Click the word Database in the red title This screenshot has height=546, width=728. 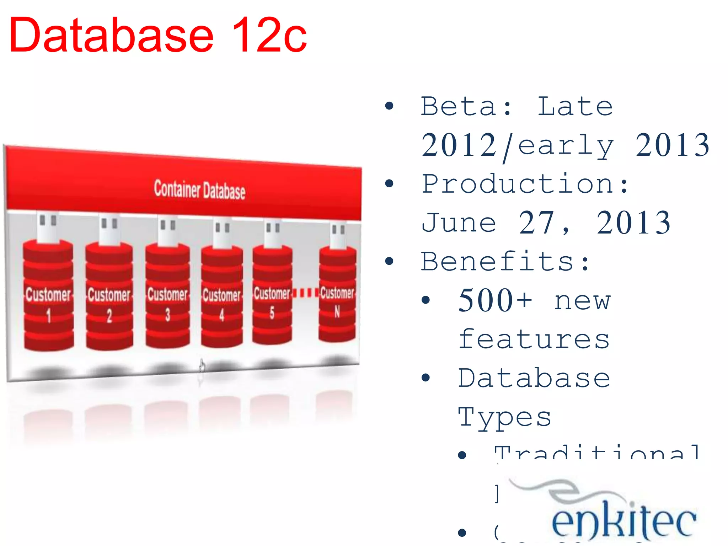click(x=111, y=36)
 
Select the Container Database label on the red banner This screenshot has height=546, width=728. click(x=199, y=190)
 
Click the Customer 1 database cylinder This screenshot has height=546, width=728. click(x=49, y=295)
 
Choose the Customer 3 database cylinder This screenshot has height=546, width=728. click(x=167, y=295)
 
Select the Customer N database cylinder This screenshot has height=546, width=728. click(x=337, y=294)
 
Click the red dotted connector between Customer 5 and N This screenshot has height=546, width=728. click(x=305, y=293)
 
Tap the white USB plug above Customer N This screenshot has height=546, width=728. click(x=338, y=235)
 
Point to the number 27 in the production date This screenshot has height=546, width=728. click(x=536, y=223)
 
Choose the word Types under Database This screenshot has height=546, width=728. click(x=505, y=417)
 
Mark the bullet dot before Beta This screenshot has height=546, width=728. click(x=390, y=106)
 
